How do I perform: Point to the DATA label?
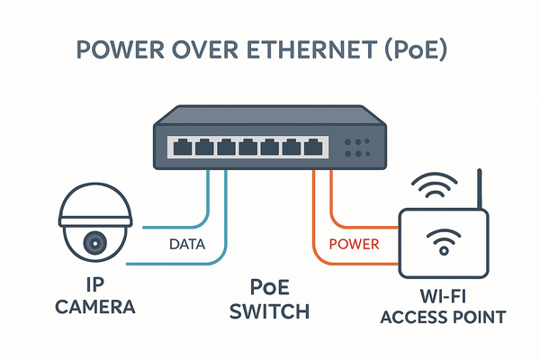click(x=188, y=244)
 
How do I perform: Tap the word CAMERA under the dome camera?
click(x=95, y=308)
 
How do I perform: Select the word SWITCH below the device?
click(x=269, y=312)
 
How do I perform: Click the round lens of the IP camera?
click(x=94, y=242)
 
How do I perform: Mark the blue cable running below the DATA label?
click(x=180, y=264)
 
